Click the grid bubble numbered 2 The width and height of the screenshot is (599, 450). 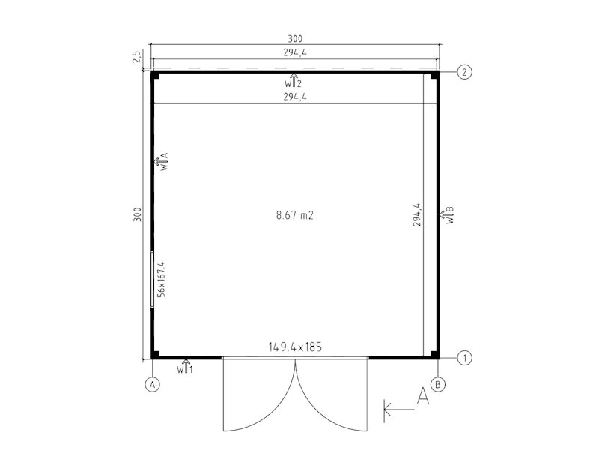464,72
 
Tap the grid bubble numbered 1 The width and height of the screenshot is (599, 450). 464,358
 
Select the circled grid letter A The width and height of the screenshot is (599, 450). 153,384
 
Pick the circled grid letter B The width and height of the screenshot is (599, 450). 438,384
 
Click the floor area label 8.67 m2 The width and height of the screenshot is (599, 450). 295,215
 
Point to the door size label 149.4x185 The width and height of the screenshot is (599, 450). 295,347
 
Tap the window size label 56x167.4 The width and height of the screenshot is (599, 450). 161,279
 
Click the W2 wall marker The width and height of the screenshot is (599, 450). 293,81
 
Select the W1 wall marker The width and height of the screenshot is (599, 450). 185,367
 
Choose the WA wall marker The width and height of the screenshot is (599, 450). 161,162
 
